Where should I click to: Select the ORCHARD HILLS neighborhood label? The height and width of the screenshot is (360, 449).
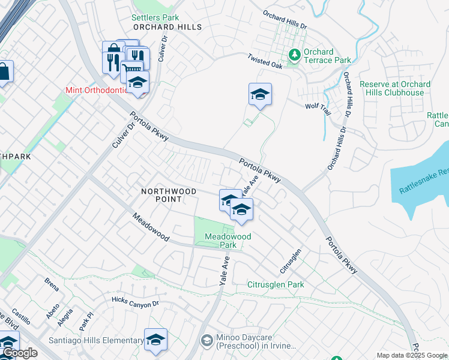click(167, 27)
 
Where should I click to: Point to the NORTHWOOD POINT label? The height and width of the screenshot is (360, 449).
click(169, 191)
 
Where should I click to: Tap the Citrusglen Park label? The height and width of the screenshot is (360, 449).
click(276, 284)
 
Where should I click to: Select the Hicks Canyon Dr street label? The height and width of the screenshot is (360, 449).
click(135, 300)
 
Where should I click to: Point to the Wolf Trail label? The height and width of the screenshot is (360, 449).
click(318, 105)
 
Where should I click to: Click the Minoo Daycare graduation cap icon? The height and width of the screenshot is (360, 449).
click(207, 341)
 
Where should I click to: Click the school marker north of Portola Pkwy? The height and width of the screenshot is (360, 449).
click(260, 95)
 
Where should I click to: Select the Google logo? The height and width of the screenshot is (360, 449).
click(19, 353)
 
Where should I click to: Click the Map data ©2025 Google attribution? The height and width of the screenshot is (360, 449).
click(412, 355)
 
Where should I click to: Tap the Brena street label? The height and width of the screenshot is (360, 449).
click(52, 284)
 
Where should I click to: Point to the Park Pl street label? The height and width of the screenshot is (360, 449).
click(88, 316)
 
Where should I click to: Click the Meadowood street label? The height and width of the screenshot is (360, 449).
click(150, 227)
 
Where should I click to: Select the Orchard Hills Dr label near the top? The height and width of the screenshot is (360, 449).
click(285, 20)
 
